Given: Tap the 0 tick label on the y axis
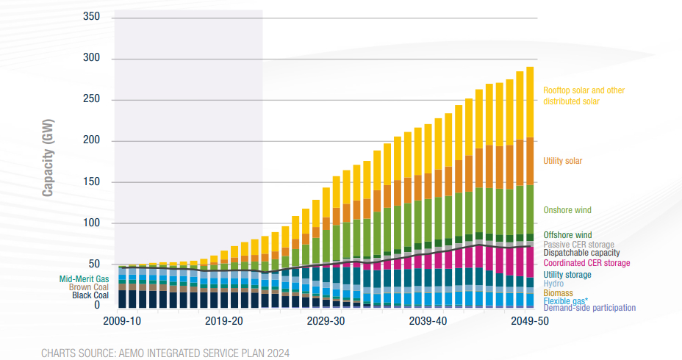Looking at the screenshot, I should pos(96,304).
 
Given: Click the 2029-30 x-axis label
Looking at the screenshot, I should pos(326,321).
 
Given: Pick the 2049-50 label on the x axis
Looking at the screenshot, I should pos(529,321).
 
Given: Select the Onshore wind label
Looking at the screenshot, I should pos(567,210).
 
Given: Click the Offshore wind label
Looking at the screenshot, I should pos(567,235).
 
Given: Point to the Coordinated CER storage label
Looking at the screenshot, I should pos(586,263).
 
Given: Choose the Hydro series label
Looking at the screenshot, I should pos(553,283).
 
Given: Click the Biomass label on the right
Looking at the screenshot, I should pos(558,292).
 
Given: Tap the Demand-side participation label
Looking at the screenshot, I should pos(589,308).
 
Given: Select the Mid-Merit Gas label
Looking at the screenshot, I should pos(84,278).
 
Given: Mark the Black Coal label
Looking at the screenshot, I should pos(90,295).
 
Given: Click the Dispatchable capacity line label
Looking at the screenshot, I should pos(581,253).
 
